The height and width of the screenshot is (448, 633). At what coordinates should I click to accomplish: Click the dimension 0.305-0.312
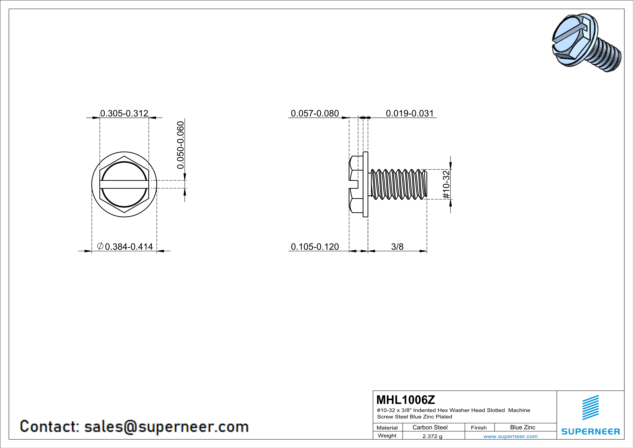coord(124,113)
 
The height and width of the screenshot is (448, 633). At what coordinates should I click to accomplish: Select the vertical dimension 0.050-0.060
coord(180,145)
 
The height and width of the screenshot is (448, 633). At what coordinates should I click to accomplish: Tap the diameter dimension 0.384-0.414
coord(129,246)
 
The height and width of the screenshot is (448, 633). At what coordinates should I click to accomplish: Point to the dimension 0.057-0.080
coord(315,113)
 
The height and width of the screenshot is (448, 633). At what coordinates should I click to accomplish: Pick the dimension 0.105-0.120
coord(315,246)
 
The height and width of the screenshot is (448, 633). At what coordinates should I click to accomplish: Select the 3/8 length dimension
coord(397,246)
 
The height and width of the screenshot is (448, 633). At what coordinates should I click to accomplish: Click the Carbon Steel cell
coord(430,427)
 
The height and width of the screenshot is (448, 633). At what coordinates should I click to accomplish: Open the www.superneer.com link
coord(510,436)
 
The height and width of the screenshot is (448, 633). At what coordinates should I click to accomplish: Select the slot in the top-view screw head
coord(124,184)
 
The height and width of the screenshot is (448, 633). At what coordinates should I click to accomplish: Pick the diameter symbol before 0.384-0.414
coord(100,246)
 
